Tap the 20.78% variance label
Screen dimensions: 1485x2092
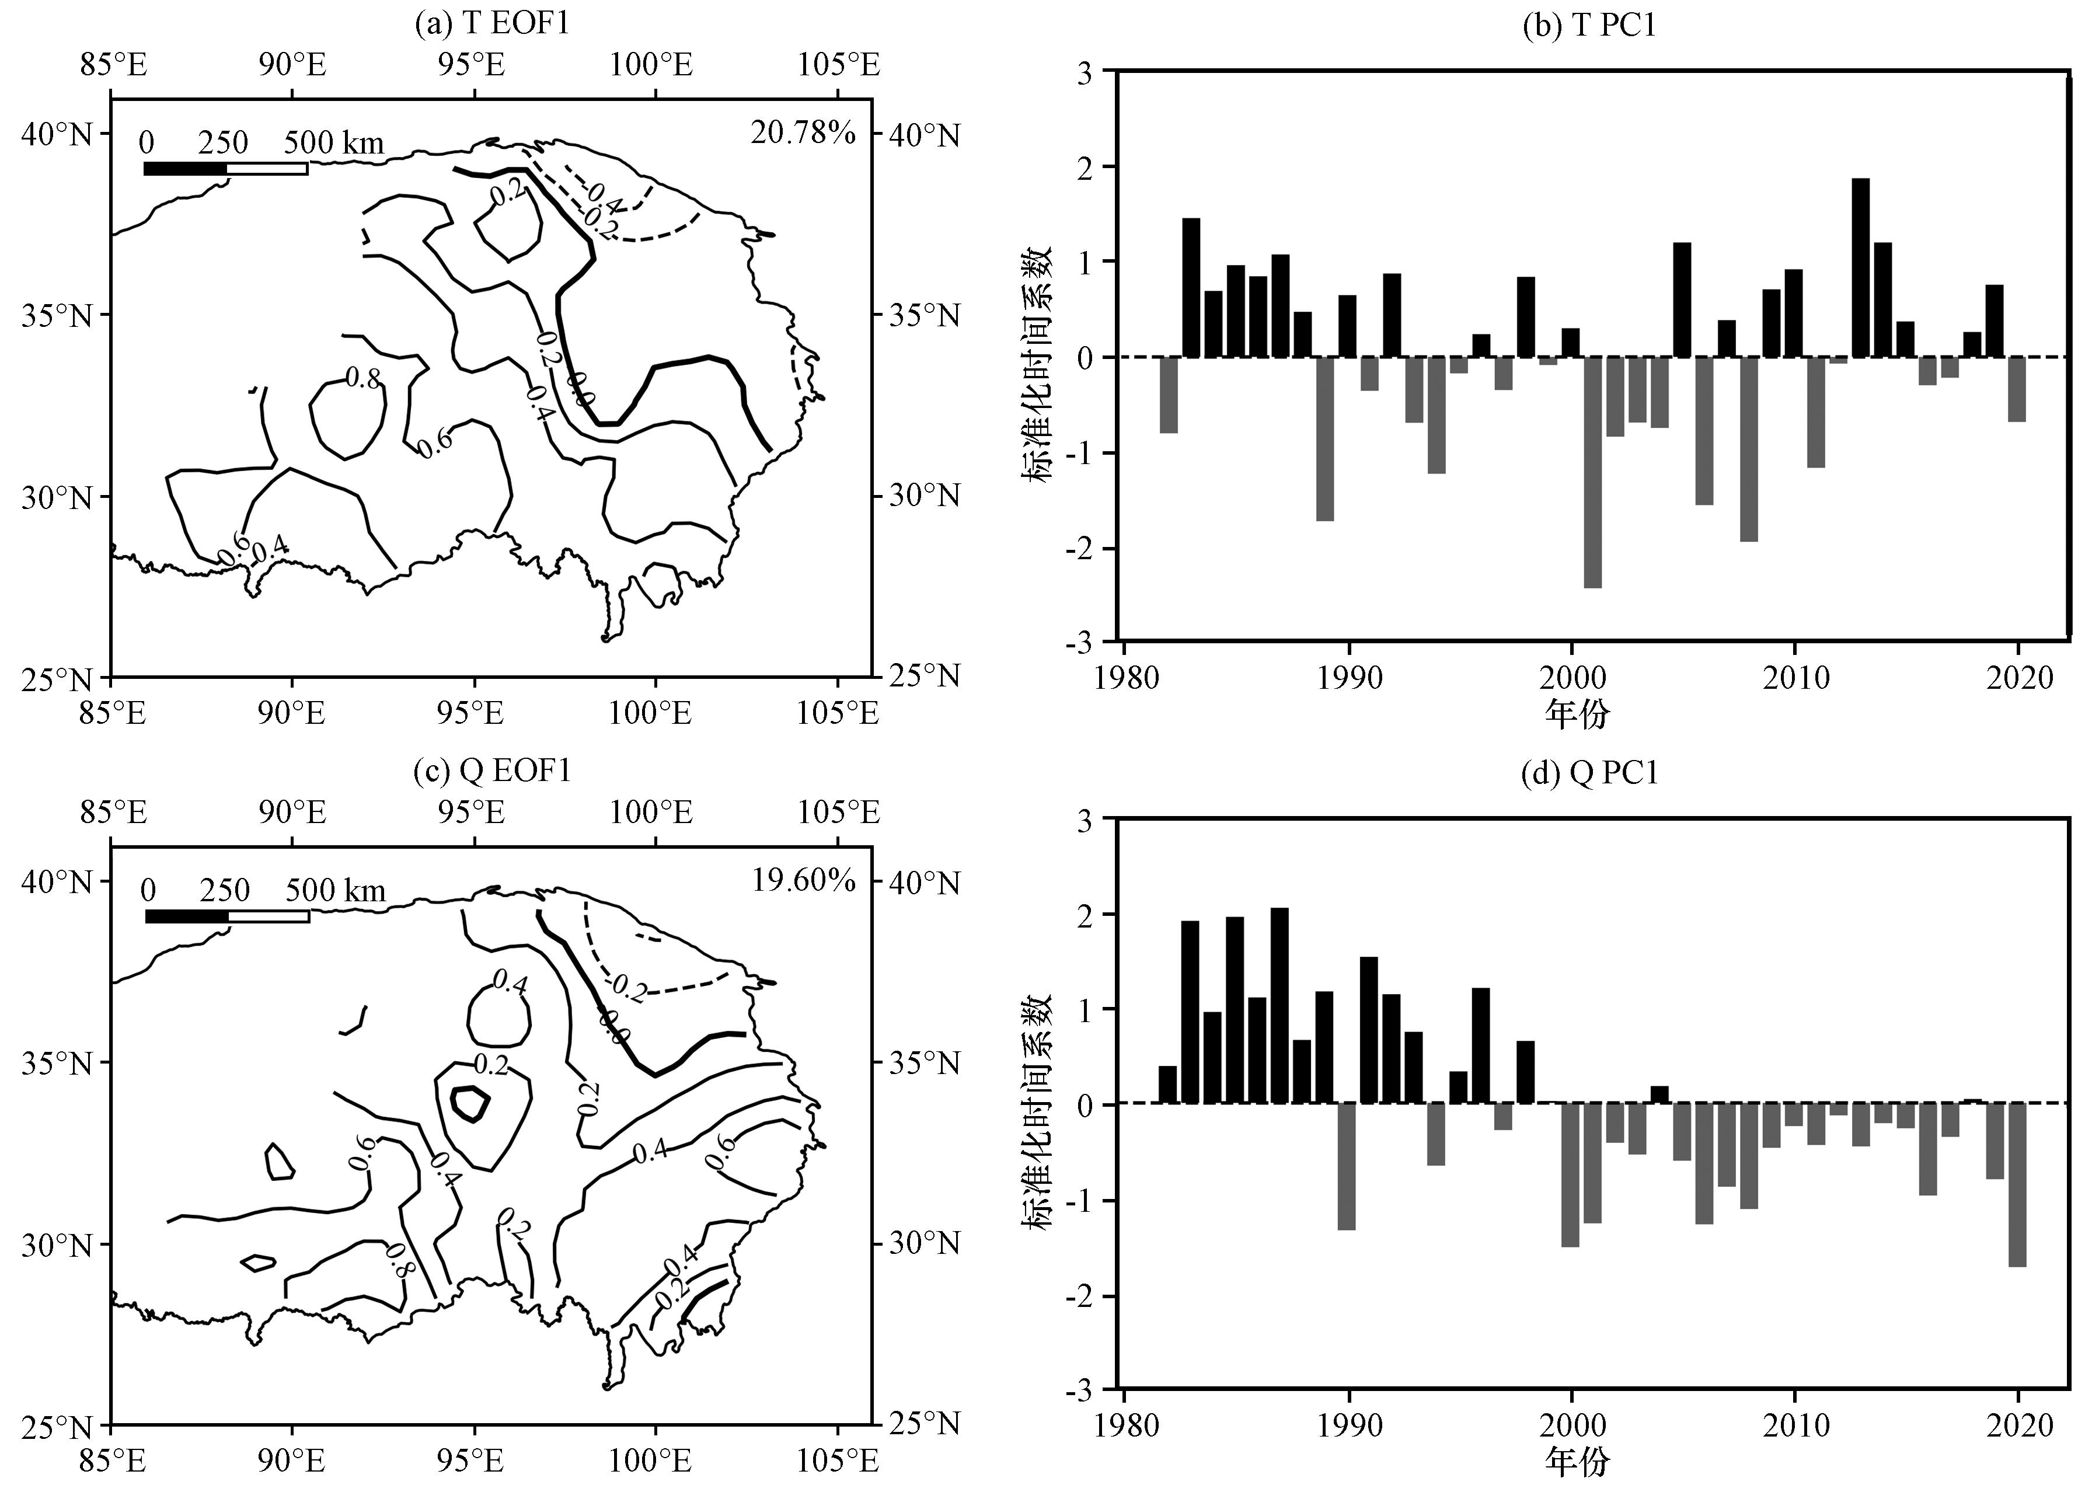803,134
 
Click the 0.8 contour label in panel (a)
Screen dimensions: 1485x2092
363,378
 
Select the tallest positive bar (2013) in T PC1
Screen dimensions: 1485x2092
1861,267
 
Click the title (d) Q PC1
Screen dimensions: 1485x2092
1589,773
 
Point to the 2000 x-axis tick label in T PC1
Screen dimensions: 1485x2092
1572,678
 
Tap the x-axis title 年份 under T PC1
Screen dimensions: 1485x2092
1577,713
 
